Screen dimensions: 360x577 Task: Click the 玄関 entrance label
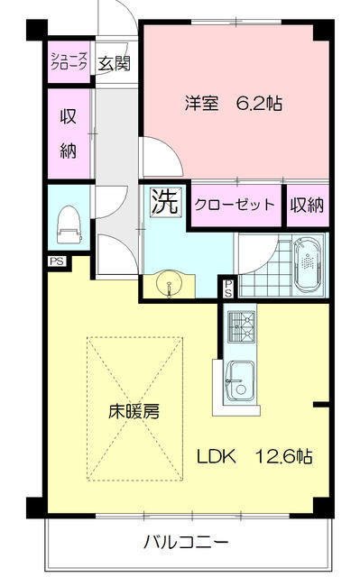pyautogui.click(x=114, y=63)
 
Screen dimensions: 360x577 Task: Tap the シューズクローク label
pyautogui.click(x=69, y=61)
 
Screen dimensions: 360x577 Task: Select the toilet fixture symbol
pyautogui.click(x=69, y=224)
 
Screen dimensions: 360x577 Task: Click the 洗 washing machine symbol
pyautogui.click(x=166, y=202)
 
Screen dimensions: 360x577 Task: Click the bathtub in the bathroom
pyautogui.click(x=308, y=265)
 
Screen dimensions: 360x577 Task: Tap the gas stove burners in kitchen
pyautogui.click(x=242, y=326)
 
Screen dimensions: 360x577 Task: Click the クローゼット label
pyautogui.click(x=235, y=205)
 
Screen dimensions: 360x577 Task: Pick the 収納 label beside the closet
pyautogui.click(x=307, y=205)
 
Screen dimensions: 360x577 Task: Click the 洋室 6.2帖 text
pyautogui.click(x=234, y=104)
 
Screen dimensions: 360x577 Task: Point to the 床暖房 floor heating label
pyautogui.click(x=134, y=412)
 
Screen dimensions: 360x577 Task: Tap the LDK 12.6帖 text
pyautogui.click(x=254, y=457)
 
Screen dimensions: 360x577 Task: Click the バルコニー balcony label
pyautogui.click(x=186, y=542)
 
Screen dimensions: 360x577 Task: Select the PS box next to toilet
pyautogui.click(x=57, y=261)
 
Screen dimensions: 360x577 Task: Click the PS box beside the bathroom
pyautogui.click(x=228, y=288)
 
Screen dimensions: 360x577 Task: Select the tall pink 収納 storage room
pyautogui.click(x=69, y=134)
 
